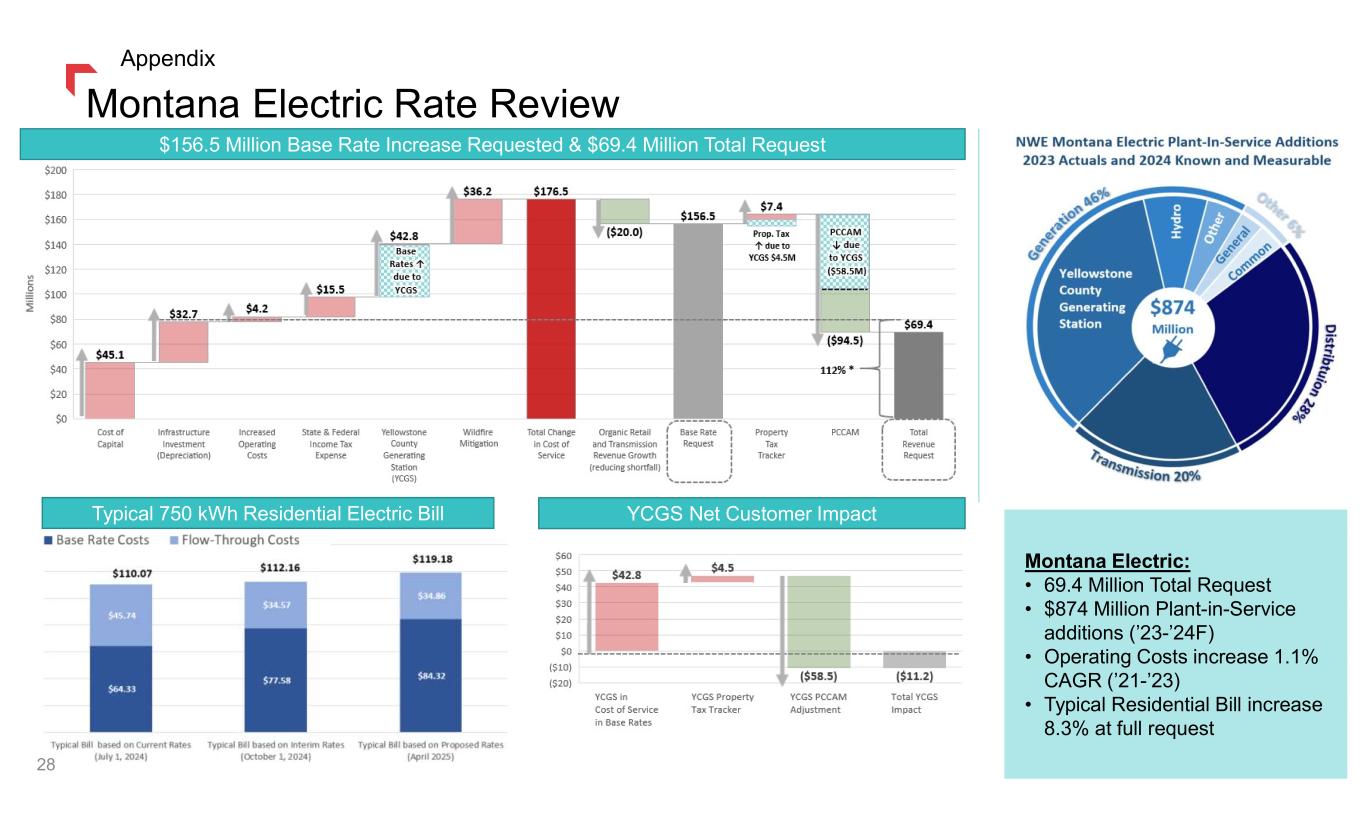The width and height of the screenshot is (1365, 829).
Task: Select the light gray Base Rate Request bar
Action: tap(698, 320)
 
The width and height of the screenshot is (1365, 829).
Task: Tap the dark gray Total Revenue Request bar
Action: tap(919, 375)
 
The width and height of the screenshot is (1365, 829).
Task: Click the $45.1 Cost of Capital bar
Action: tap(109, 390)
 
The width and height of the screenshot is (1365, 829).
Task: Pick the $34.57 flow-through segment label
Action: tap(275, 605)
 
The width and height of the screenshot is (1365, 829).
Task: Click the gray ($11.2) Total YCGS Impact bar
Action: tap(915, 660)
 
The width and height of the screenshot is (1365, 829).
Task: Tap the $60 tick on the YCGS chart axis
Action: tap(564, 555)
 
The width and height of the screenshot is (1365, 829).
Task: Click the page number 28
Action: tap(45, 766)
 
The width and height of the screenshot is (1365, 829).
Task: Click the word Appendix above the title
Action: tap(167, 59)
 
